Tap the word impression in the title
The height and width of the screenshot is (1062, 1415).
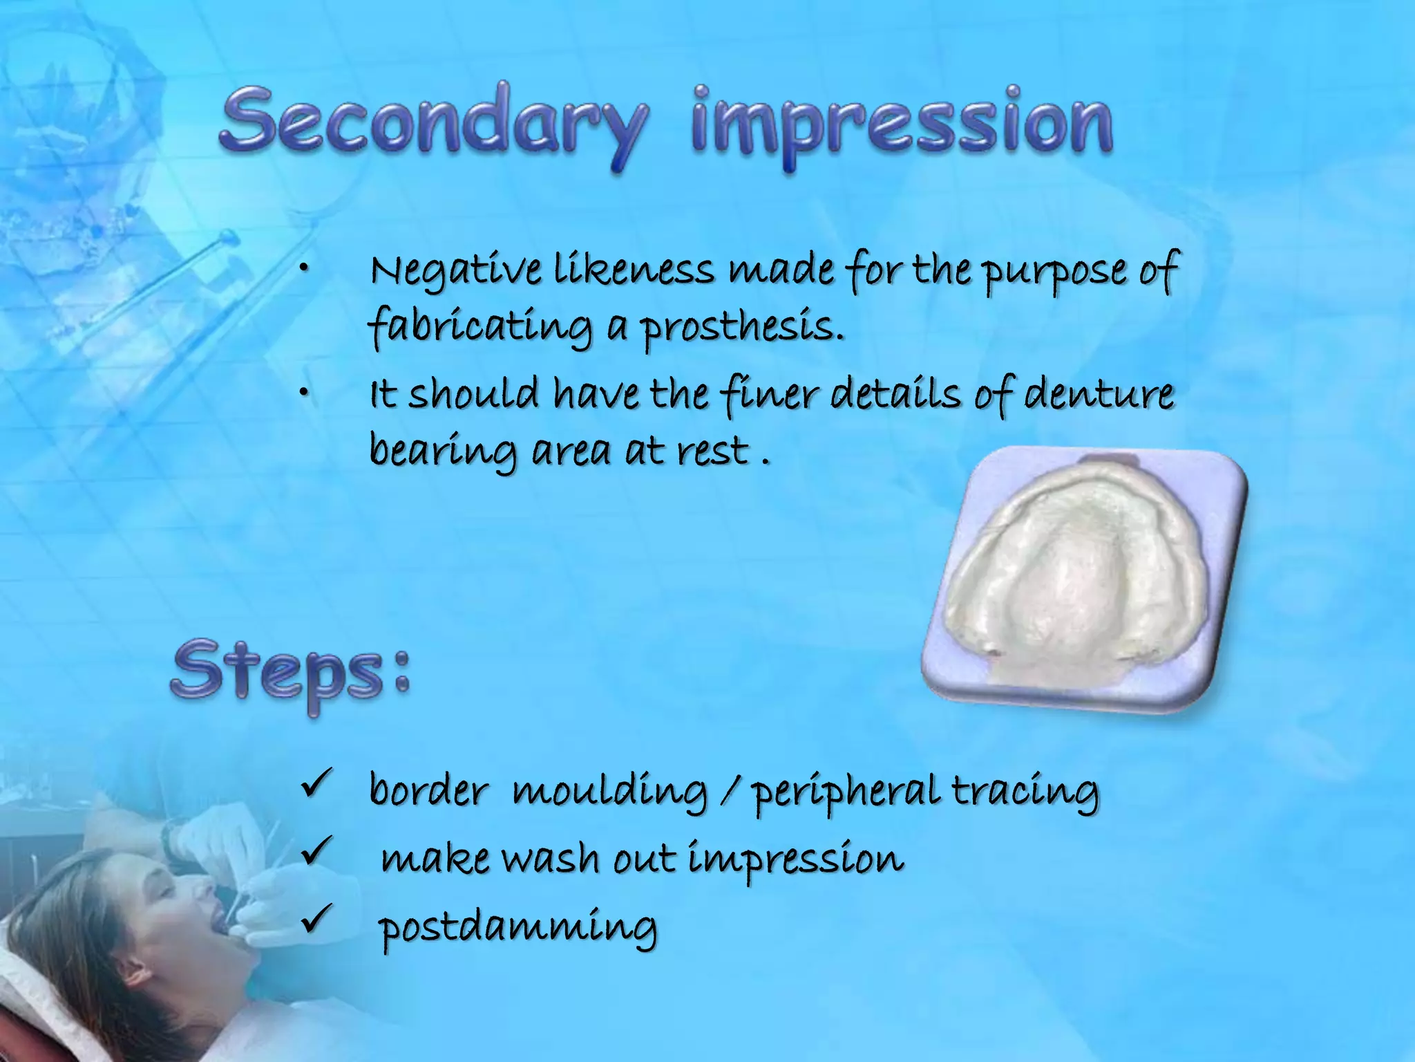pos(901,124)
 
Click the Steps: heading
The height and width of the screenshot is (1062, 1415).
pos(290,674)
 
